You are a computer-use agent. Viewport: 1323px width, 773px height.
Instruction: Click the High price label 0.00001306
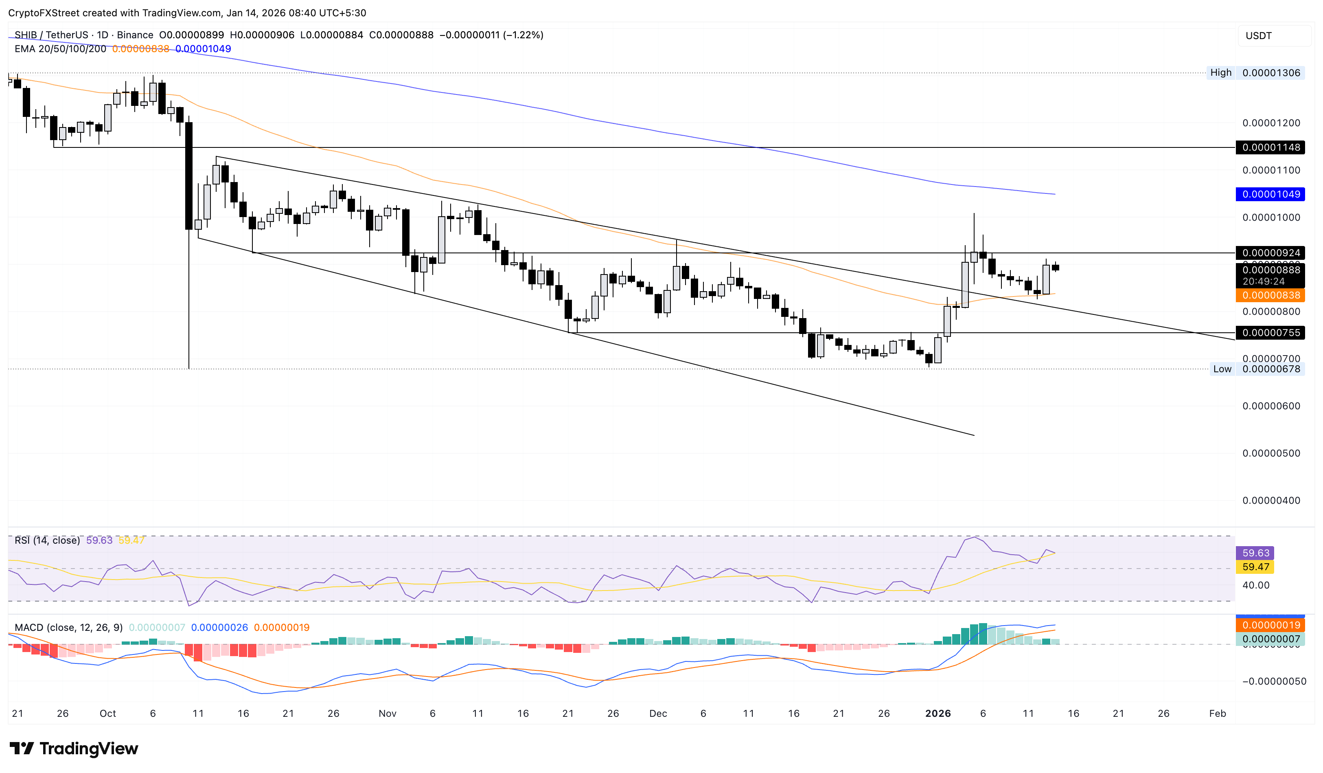coord(1270,73)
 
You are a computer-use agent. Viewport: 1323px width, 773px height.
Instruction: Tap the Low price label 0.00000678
coord(1270,369)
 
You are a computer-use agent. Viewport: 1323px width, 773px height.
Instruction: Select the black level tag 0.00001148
coord(1270,147)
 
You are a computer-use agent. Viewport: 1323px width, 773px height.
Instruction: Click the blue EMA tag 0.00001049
coord(1270,194)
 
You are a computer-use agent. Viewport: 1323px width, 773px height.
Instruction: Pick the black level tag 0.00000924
coord(1270,253)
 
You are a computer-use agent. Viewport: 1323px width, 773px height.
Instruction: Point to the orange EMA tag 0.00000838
coord(1270,296)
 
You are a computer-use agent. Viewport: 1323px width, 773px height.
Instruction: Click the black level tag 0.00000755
coord(1270,333)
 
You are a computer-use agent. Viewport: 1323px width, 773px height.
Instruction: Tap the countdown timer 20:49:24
coord(1263,282)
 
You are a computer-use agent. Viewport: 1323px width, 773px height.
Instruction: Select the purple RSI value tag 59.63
coord(1255,553)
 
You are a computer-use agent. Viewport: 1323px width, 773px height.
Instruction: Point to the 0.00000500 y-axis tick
coord(1270,454)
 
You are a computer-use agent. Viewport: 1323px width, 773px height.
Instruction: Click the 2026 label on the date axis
coord(937,714)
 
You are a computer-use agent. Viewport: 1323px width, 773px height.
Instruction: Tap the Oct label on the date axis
coord(107,714)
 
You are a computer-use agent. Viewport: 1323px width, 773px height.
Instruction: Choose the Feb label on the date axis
coord(1217,714)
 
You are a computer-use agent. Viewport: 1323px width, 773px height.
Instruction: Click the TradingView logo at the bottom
coord(74,748)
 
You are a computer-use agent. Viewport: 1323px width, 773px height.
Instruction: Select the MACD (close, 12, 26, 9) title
coord(68,628)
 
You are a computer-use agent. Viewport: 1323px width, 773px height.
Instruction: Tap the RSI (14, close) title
coord(47,540)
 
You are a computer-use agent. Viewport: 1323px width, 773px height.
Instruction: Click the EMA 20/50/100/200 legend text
coord(60,49)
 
